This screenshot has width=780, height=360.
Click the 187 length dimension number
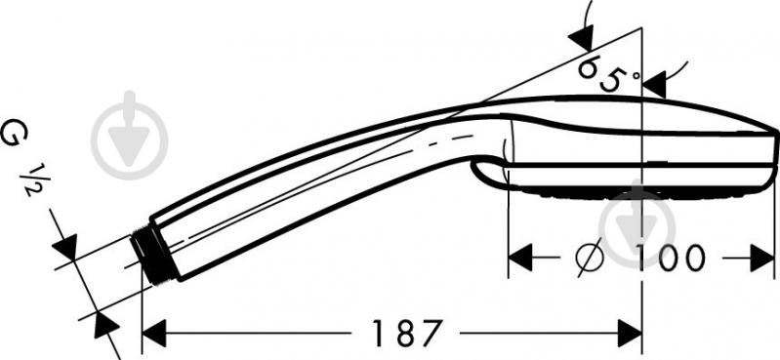(x=407, y=333)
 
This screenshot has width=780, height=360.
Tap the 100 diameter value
(x=670, y=259)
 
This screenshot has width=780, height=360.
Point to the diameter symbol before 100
(x=590, y=258)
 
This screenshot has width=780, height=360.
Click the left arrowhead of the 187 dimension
(x=154, y=333)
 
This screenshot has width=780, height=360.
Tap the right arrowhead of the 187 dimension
(x=630, y=333)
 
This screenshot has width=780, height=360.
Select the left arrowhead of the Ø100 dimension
(x=520, y=258)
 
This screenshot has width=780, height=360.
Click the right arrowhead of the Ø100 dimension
(x=762, y=258)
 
